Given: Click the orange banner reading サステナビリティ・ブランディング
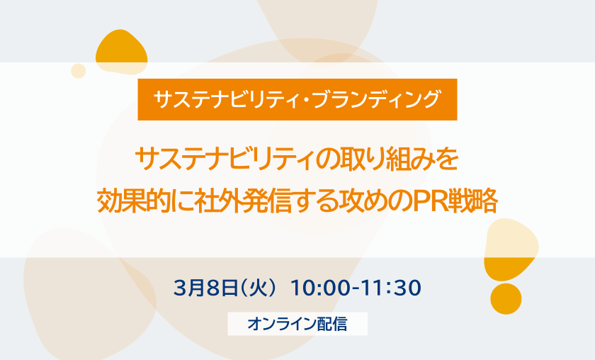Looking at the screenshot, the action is tap(297, 99).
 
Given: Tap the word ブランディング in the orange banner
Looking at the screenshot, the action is tap(376, 99).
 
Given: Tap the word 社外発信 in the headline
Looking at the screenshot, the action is tap(242, 201).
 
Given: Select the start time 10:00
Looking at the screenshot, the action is tap(320, 288).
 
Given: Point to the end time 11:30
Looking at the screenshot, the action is tap(390, 288).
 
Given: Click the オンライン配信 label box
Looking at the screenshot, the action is tap(297, 324).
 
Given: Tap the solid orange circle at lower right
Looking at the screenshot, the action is tap(506, 298).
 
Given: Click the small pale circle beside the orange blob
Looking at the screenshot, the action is tap(78, 71).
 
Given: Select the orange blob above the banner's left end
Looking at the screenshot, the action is tap(121, 52).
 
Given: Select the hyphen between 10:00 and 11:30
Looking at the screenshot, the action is tap(356, 289).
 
